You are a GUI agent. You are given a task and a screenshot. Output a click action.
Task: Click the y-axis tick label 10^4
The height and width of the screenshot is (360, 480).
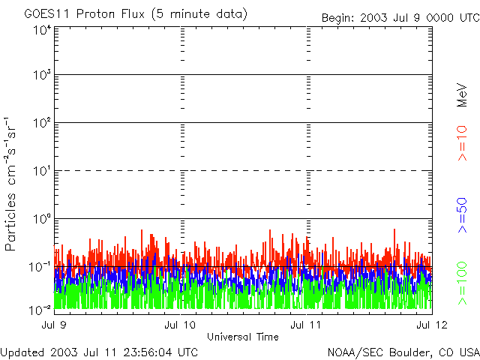[42, 30]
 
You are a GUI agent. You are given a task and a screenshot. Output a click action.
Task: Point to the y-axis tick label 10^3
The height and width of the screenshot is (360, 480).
[42, 76]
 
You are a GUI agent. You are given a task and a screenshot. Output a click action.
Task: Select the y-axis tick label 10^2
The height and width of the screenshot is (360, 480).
[42, 124]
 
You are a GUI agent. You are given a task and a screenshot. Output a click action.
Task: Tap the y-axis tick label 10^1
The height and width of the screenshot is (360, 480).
[42, 172]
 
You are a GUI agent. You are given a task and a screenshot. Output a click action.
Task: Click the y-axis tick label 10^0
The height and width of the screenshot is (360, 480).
[42, 220]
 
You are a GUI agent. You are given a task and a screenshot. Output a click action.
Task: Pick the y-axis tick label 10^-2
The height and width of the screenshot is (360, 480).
[40, 309]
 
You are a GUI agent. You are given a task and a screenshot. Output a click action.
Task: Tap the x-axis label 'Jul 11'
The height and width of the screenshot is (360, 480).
[307, 325]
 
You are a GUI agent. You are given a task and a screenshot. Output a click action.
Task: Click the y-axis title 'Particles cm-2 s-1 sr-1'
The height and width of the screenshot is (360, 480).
[12, 184]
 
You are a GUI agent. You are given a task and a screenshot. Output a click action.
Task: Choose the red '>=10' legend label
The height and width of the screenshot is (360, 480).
[463, 143]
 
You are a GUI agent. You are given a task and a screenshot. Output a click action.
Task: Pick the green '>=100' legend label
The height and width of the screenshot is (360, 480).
[463, 283]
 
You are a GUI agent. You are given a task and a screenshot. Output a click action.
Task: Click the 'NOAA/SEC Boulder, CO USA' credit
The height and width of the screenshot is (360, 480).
[403, 352]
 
